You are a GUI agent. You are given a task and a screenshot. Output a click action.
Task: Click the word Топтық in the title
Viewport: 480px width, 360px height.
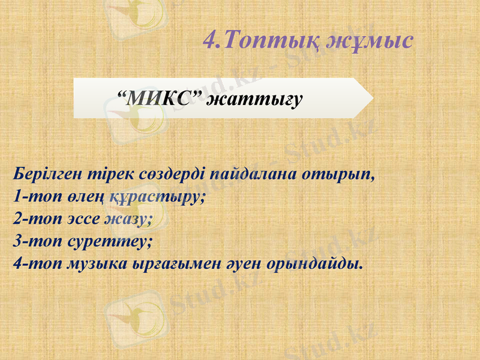[272, 40]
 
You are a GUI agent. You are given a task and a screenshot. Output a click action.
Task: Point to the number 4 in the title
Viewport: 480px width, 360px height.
[210, 40]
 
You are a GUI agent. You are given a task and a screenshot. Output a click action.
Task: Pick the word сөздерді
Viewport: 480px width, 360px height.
[167, 175]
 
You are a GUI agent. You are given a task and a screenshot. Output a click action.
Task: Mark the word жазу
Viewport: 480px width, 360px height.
[128, 219]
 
